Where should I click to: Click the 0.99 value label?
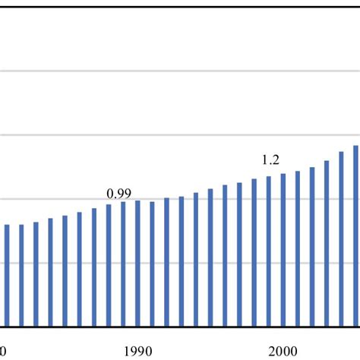point(115,193)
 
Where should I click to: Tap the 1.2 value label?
point(270,159)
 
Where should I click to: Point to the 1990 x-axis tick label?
point(137,350)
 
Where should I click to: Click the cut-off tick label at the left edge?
point(4,350)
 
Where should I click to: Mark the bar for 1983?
point(36,275)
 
